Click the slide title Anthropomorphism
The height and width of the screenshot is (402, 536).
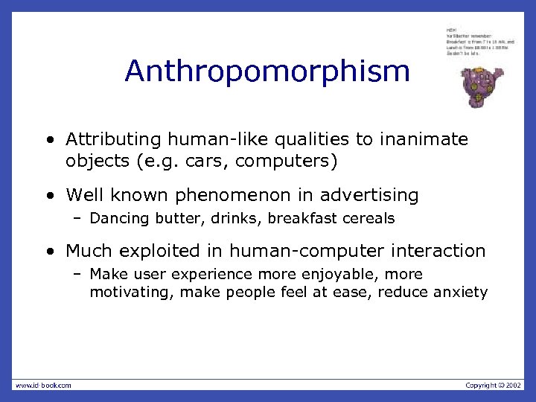[267, 71]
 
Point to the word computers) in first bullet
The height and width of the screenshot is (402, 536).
[293, 159]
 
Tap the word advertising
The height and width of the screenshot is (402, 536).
[369, 196]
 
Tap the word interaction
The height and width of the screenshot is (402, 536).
[440, 252]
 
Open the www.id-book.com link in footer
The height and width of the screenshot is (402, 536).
[43, 385]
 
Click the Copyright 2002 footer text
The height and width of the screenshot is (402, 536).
[493, 385]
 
